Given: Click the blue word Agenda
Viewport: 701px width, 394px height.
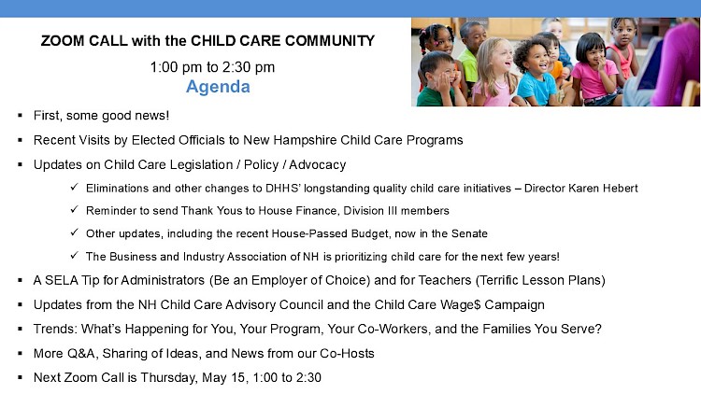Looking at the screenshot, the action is coord(218,87).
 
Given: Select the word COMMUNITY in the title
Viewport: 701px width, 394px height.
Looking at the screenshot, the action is coord(330,41).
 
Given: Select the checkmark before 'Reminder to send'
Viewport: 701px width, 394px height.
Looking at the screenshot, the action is coord(74,209).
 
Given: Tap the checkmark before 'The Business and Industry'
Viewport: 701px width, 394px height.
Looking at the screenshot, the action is coord(74,256).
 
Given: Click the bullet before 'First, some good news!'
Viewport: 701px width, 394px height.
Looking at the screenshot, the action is coord(21,116).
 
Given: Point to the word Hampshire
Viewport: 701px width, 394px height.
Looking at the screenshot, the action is coord(305,140).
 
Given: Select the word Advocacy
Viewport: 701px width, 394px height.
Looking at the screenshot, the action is coord(318,165).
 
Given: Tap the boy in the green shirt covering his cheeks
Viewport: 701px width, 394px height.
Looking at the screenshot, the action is coord(440,79).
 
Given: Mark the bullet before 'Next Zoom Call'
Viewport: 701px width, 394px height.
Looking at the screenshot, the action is coord(21,377).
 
